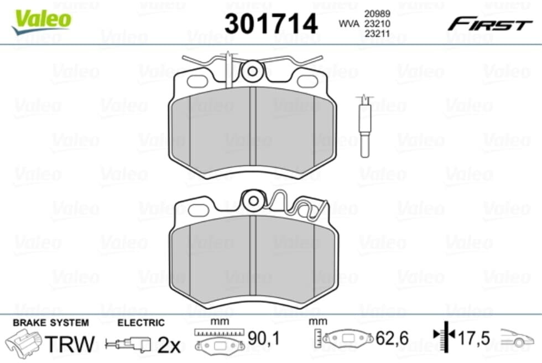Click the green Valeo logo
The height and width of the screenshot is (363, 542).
coord(41,22)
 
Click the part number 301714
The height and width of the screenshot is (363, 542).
coord(270,23)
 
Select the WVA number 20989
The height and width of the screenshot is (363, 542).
coord(377,13)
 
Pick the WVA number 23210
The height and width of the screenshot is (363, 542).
coord(377,23)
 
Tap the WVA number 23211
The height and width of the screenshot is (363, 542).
coord(377,34)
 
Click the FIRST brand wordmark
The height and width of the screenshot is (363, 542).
coord(490,25)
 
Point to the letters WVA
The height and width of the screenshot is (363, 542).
coord(349,23)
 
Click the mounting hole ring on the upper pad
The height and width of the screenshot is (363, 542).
coord(252,71)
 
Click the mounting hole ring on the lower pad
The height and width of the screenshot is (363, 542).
coord(253,201)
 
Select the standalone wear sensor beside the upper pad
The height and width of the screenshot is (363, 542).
coord(364,126)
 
